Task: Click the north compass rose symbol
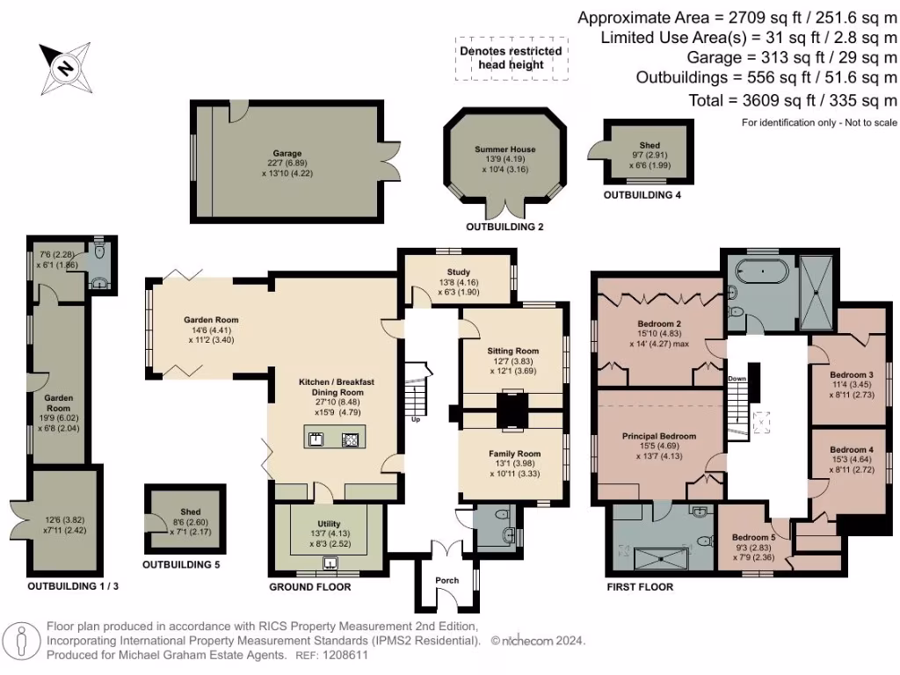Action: (65, 68)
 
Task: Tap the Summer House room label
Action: (505, 149)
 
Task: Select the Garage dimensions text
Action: (287, 168)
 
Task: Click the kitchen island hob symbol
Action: (350, 439)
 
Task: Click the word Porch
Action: (447, 580)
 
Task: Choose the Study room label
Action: (459, 272)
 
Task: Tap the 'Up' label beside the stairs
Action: (416, 419)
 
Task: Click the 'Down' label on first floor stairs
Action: (737, 379)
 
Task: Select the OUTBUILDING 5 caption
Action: (181, 565)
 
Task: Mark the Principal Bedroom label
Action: (659, 436)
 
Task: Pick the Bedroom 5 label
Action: (753, 538)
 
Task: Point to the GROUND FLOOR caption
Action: (310, 586)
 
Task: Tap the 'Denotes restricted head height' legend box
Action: (512, 58)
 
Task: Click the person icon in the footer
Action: (22, 641)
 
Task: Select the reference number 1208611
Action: (346, 655)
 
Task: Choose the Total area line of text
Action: (793, 100)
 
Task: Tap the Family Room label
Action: (514, 454)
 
